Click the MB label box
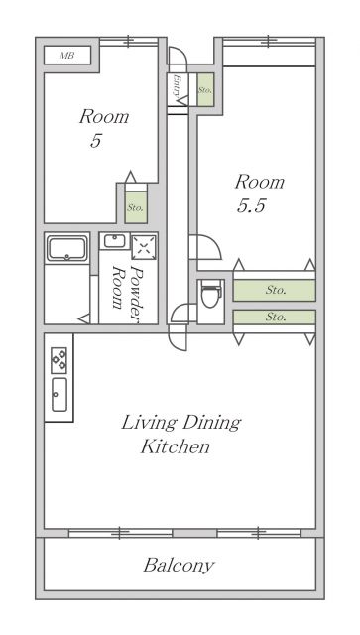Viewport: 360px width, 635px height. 67,56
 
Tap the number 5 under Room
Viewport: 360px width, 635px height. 95,141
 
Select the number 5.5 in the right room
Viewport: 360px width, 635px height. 251,205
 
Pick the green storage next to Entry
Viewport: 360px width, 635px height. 205,90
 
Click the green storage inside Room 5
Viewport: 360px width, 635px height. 136,208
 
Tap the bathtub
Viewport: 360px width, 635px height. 66,248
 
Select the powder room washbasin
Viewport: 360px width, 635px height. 115,241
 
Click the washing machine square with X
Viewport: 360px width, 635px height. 144,246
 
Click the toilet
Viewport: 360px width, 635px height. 211,294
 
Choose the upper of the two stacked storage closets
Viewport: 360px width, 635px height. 274,290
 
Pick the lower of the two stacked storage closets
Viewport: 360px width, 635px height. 274,317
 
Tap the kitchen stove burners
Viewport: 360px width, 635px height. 59,360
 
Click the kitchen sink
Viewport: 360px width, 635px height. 60,395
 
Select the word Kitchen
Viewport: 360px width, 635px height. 176,446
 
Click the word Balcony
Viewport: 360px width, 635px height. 179,566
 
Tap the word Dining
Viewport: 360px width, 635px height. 212,424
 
